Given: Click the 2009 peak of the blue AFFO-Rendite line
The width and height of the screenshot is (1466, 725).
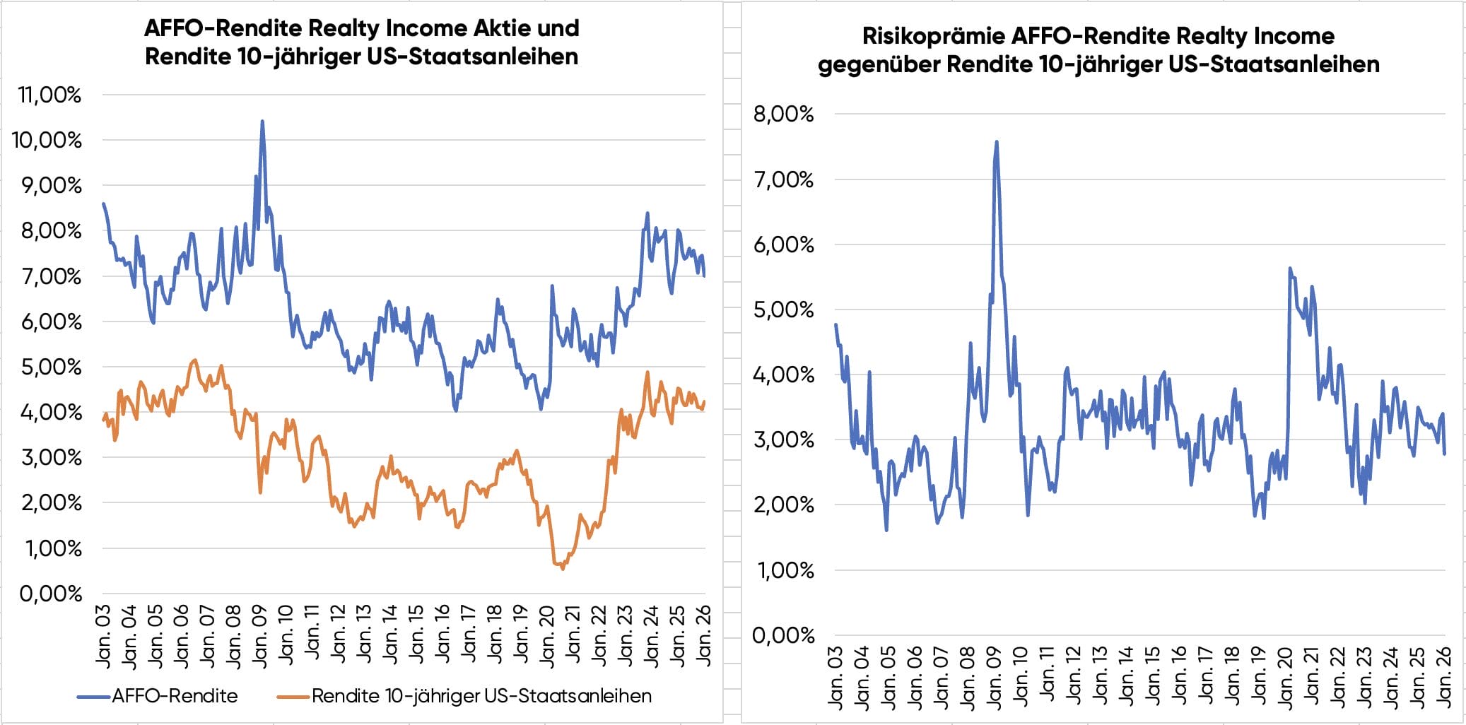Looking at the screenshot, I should [x=262, y=122].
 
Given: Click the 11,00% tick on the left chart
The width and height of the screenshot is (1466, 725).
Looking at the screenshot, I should [x=49, y=95].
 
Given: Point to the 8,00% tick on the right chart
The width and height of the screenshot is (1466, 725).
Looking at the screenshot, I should [x=783, y=114].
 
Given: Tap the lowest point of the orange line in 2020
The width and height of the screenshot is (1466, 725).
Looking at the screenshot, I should [x=563, y=568].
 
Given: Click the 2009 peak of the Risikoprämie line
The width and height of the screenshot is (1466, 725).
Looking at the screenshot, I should [x=997, y=142].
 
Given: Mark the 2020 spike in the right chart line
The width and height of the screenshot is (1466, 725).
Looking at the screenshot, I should [x=1290, y=269].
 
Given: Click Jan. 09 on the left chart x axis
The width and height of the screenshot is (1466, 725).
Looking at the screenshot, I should [x=259, y=636].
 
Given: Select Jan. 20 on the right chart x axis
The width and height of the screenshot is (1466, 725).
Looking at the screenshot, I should [x=1285, y=677].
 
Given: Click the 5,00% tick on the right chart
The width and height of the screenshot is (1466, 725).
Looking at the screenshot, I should [x=783, y=310].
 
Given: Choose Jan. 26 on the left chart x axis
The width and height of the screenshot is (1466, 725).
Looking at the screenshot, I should [x=703, y=636].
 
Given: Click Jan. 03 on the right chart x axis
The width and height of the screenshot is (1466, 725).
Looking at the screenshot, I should [x=835, y=677].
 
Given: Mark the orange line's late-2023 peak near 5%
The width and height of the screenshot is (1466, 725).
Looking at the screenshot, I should [x=647, y=372].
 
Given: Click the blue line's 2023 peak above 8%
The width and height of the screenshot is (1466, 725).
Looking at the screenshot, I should [x=647, y=213].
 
